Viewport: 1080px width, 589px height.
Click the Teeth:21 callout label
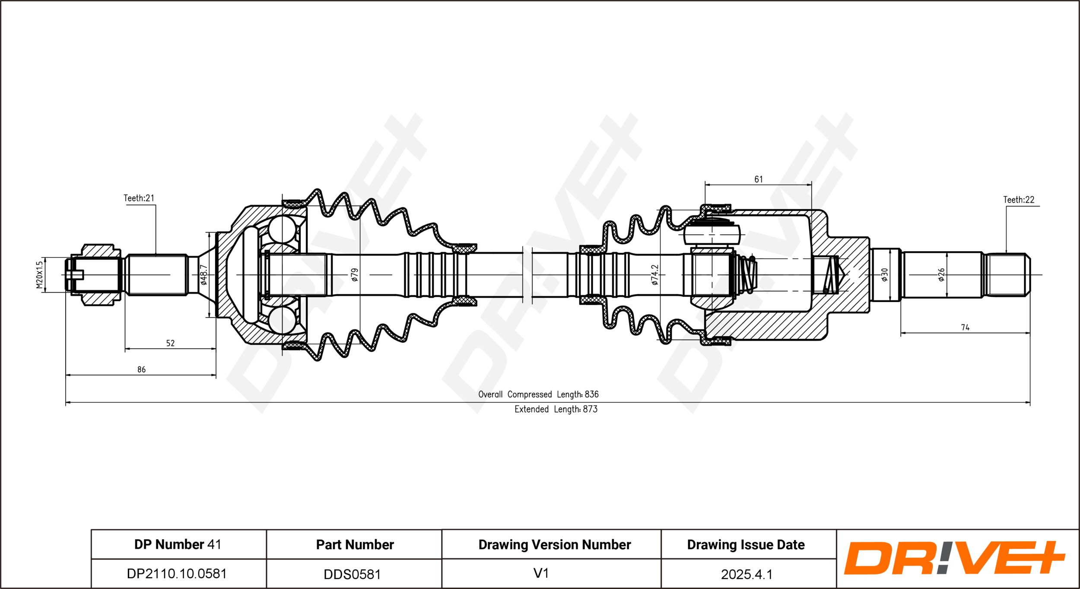(x=139, y=198)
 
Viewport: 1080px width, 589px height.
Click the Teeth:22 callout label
(x=1019, y=200)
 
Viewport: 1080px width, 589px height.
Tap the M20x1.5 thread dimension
(x=39, y=275)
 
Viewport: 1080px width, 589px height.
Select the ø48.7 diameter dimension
(x=204, y=275)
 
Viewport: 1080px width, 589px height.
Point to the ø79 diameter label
(x=355, y=275)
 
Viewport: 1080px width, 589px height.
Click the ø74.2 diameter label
(x=655, y=275)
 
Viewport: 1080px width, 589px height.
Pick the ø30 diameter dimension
(x=884, y=275)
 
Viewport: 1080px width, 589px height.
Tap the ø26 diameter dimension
(x=942, y=275)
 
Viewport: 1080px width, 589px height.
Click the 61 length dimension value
(x=759, y=179)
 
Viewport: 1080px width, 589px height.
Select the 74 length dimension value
(x=965, y=328)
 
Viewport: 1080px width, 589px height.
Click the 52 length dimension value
(x=171, y=343)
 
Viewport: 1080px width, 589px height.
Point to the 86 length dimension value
(x=141, y=369)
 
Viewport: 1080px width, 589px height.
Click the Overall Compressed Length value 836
(x=592, y=394)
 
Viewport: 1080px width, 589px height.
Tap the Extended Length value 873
(x=590, y=409)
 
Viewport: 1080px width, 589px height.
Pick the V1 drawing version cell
(x=551, y=573)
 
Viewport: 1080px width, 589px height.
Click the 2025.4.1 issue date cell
(x=749, y=573)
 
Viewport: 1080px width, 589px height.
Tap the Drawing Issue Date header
(x=746, y=545)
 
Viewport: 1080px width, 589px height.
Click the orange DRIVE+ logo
(x=955, y=558)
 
